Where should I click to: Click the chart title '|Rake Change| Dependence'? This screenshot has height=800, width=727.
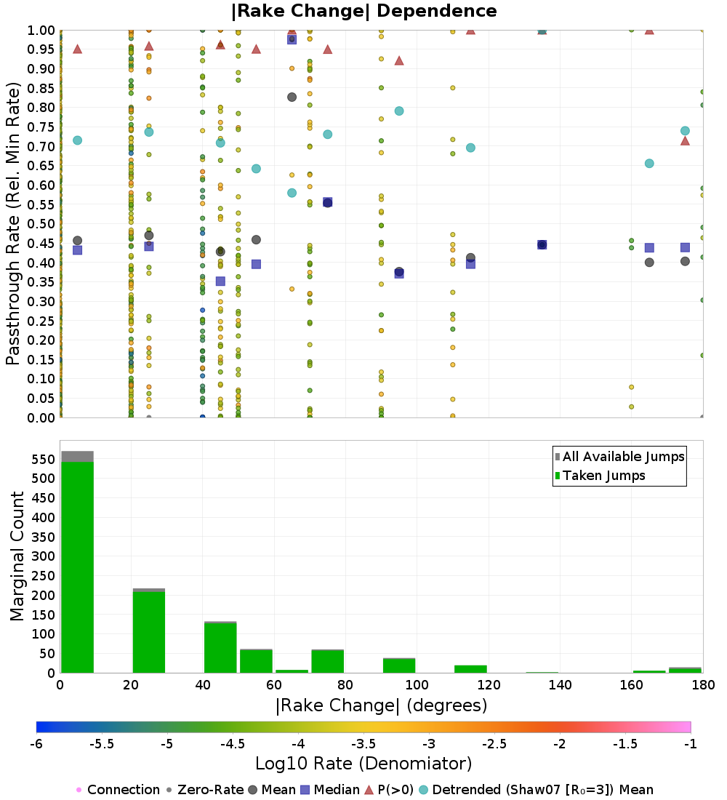coord(364,11)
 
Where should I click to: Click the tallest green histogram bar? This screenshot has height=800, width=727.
coord(77,567)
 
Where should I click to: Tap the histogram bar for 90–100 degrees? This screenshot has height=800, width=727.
coord(398,665)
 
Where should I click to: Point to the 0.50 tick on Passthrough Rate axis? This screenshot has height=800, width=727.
coord(43,224)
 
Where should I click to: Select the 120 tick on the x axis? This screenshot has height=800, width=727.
coord(488,685)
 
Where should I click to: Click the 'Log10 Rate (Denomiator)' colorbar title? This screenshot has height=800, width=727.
coord(363,764)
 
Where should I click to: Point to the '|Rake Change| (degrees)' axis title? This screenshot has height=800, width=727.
coord(381,705)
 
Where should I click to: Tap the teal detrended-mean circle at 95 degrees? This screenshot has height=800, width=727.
coord(399,111)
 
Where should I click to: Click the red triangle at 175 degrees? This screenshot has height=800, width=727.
coord(685,140)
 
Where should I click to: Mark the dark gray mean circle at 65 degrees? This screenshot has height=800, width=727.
coord(292,97)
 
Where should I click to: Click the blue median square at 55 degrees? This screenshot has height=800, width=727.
coord(256,264)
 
